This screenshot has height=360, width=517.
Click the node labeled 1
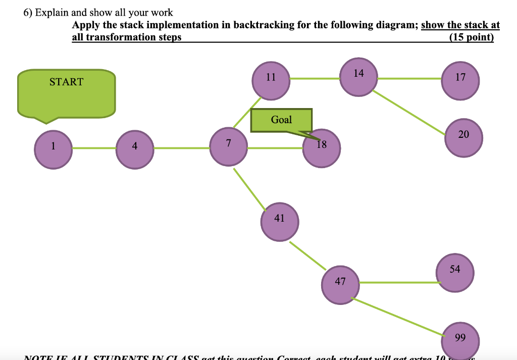[53, 149]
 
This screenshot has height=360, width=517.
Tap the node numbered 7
[229, 147]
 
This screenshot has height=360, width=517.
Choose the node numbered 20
[463, 137]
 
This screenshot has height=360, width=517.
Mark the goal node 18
[322, 148]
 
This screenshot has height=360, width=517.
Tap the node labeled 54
[455, 272]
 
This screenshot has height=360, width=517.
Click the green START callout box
[66, 93]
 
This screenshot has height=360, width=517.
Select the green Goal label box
[281, 120]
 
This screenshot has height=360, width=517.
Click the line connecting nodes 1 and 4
[94, 148]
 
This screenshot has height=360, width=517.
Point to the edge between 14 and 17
[409, 79]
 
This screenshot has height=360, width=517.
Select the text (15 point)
[471, 37]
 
